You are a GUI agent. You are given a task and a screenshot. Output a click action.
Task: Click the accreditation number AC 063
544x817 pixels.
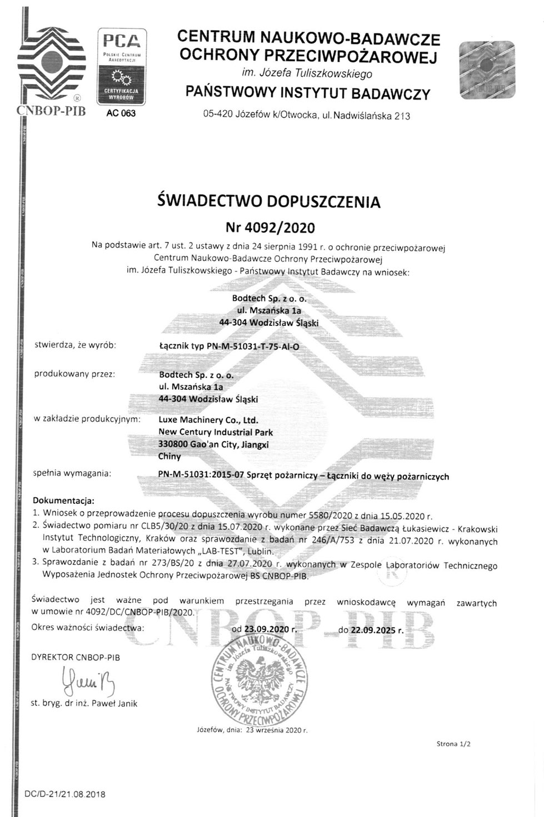click(121, 113)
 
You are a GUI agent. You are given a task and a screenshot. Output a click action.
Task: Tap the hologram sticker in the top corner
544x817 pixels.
click(487, 70)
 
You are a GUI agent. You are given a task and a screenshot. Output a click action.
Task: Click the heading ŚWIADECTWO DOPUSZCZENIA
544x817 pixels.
click(269, 201)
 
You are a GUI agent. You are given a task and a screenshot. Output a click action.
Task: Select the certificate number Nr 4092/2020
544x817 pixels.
click(270, 227)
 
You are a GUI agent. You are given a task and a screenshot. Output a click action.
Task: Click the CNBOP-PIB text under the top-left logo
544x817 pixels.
click(52, 110)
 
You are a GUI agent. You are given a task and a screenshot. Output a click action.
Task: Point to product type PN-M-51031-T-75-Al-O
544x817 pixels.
click(229, 346)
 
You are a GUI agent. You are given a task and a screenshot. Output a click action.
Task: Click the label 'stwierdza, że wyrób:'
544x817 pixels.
click(75, 345)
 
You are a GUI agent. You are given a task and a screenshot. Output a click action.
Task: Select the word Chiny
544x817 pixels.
click(169, 456)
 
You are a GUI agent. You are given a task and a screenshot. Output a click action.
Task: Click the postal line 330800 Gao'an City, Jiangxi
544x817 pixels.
click(213, 444)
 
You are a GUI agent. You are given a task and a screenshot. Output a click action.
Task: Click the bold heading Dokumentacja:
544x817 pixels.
click(63, 500)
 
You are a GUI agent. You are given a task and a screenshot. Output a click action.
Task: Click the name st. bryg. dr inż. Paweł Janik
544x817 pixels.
click(83, 703)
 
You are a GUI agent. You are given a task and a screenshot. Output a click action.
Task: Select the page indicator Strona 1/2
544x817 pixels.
click(453, 744)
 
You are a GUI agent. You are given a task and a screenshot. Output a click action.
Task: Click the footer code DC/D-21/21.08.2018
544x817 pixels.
click(65, 794)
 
